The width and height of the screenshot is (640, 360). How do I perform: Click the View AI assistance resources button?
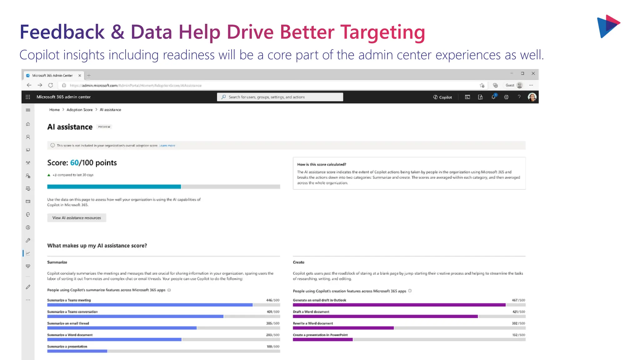click(x=77, y=218)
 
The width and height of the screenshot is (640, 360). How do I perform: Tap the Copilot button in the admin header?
click(x=442, y=97)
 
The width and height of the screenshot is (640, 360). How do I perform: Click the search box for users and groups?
click(x=280, y=97)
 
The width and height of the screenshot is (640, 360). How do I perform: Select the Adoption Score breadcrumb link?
click(x=79, y=110)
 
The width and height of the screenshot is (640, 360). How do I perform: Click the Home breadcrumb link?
click(x=54, y=110)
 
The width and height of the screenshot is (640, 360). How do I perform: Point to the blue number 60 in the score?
click(x=74, y=163)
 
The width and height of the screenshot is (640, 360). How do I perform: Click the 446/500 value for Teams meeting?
click(x=272, y=300)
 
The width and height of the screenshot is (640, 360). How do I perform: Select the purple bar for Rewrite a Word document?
click(x=343, y=328)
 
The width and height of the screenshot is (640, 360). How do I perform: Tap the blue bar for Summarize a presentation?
click(x=77, y=351)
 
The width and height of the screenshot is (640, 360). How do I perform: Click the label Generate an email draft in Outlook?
click(x=319, y=300)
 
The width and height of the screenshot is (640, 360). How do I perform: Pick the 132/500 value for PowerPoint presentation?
click(x=518, y=335)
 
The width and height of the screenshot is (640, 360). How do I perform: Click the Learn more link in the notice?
click(x=167, y=146)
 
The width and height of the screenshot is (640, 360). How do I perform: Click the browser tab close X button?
click(x=80, y=76)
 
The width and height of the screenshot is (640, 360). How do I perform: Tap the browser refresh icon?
click(x=51, y=85)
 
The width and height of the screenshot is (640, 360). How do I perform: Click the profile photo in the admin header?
click(x=532, y=97)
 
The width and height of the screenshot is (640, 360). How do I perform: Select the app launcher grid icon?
click(x=28, y=97)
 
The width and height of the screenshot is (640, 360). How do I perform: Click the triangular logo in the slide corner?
click(x=608, y=26)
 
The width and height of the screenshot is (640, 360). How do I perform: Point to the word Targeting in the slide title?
click(x=382, y=32)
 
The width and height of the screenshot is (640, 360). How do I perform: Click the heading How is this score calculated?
click(x=322, y=164)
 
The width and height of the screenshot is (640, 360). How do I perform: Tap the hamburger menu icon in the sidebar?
click(x=28, y=110)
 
